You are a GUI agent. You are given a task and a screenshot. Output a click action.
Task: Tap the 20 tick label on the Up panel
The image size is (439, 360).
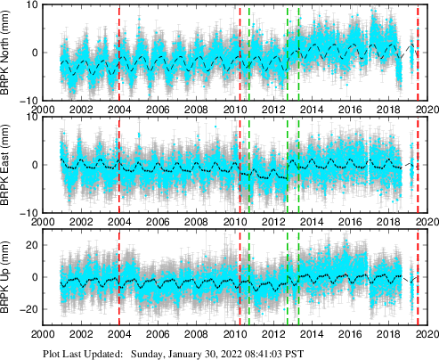tap(29, 245)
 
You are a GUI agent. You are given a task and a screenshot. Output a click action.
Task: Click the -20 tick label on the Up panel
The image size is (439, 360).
tap(27, 309)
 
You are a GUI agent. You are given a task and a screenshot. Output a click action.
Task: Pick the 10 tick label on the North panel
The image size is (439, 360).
tap(29, 5)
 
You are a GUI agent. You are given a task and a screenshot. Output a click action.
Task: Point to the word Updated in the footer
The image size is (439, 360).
tap(103, 353)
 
